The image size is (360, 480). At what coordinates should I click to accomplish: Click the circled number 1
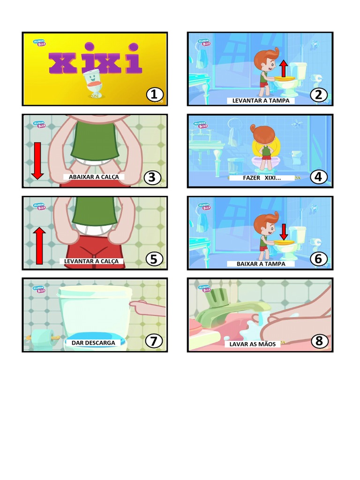coord(154,95)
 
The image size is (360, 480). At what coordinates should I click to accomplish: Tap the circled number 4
coord(319,177)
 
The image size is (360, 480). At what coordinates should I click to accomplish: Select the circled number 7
coord(154,341)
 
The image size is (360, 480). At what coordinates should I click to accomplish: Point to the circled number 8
coord(319,341)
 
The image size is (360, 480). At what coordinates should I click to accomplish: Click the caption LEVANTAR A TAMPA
coord(261,101)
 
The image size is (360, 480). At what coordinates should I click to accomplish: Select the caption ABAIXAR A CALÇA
coord(94,177)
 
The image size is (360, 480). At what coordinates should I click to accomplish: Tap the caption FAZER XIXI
coord(262,178)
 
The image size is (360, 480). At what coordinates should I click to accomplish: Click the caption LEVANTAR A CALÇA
coord(94,261)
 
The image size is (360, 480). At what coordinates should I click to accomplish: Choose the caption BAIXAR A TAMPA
coord(261,264)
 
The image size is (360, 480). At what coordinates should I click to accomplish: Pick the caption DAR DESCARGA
coord(93,343)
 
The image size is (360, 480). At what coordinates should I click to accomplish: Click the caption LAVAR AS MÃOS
coord(253,344)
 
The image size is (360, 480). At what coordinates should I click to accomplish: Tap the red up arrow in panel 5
coord(39,245)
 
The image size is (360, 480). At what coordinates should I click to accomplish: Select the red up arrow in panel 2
coord(283,68)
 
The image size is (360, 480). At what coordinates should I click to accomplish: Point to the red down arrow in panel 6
coord(283,232)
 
